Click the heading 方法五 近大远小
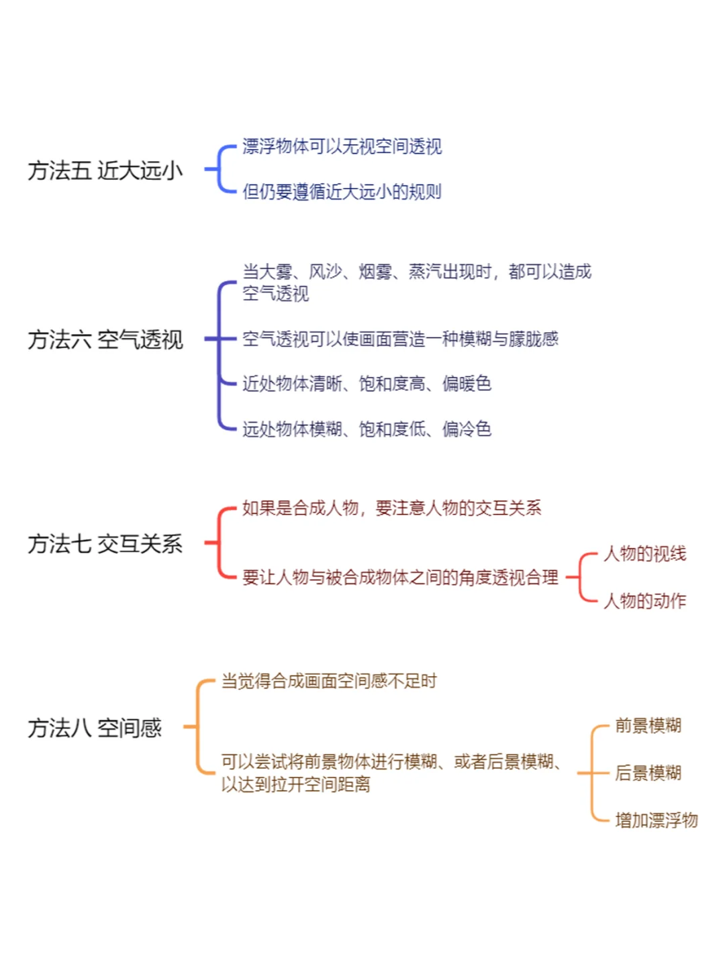[x=105, y=170]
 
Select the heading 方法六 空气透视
[x=105, y=339]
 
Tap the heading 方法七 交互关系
[x=105, y=544]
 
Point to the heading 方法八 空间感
[x=95, y=728]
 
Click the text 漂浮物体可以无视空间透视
[x=342, y=146]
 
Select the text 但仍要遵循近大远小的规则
[x=342, y=192]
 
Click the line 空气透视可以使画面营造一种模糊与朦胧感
[x=401, y=339]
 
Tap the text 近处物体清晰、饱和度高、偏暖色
[x=367, y=384]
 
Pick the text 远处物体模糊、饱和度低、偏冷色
[x=367, y=429]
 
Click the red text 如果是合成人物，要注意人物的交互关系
[x=392, y=508]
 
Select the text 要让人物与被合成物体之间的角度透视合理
[x=401, y=578]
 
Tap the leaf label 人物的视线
[x=645, y=553]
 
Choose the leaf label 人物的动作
[x=645, y=600]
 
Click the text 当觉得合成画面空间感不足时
[x=329, y=682]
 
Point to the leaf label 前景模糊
[x=648, y=725]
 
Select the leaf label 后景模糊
[x=648, y=773]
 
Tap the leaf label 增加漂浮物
[x=657, y=820]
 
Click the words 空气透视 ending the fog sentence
[x=275, y=294]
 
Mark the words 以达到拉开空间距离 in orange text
[x=296, y=784]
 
